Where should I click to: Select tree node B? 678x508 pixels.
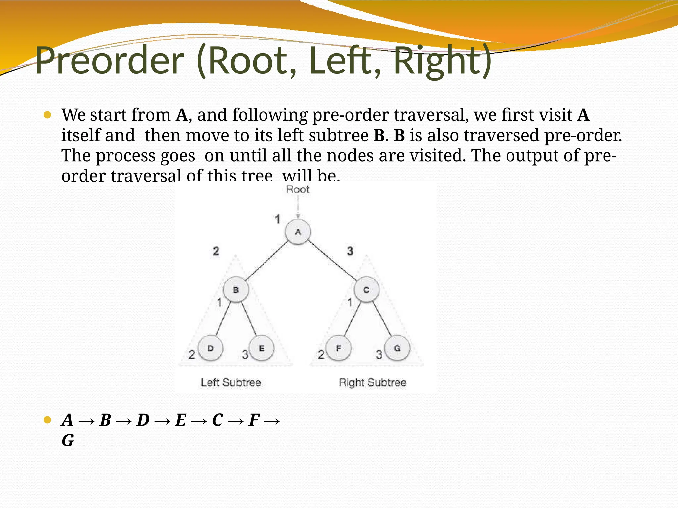tap(236, 290)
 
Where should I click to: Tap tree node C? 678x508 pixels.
tap(366, 290)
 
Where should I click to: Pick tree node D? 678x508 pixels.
tap(210, 348)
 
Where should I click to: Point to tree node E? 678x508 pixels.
tap(262, 348)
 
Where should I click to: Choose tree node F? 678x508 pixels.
tap(338, 348)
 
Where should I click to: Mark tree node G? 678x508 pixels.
tap(397, 348)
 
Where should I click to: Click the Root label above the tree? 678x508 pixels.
tap(297, 190)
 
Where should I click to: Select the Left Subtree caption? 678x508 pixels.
tap(231, 383)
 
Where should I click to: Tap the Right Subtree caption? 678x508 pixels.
tap(372, 383)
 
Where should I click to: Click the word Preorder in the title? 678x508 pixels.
tap(109, 61)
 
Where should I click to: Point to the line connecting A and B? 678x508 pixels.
tap(267, 261)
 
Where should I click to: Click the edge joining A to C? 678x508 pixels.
tap(332, 260)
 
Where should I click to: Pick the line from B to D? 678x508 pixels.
tap(223, 319)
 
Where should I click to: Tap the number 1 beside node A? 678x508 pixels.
tap(277, 219)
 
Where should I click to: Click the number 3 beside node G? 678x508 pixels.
tap(379, 355)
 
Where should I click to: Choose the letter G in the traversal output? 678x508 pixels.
tap(68, 441)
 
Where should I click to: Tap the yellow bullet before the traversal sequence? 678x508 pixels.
tap(47, 420)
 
